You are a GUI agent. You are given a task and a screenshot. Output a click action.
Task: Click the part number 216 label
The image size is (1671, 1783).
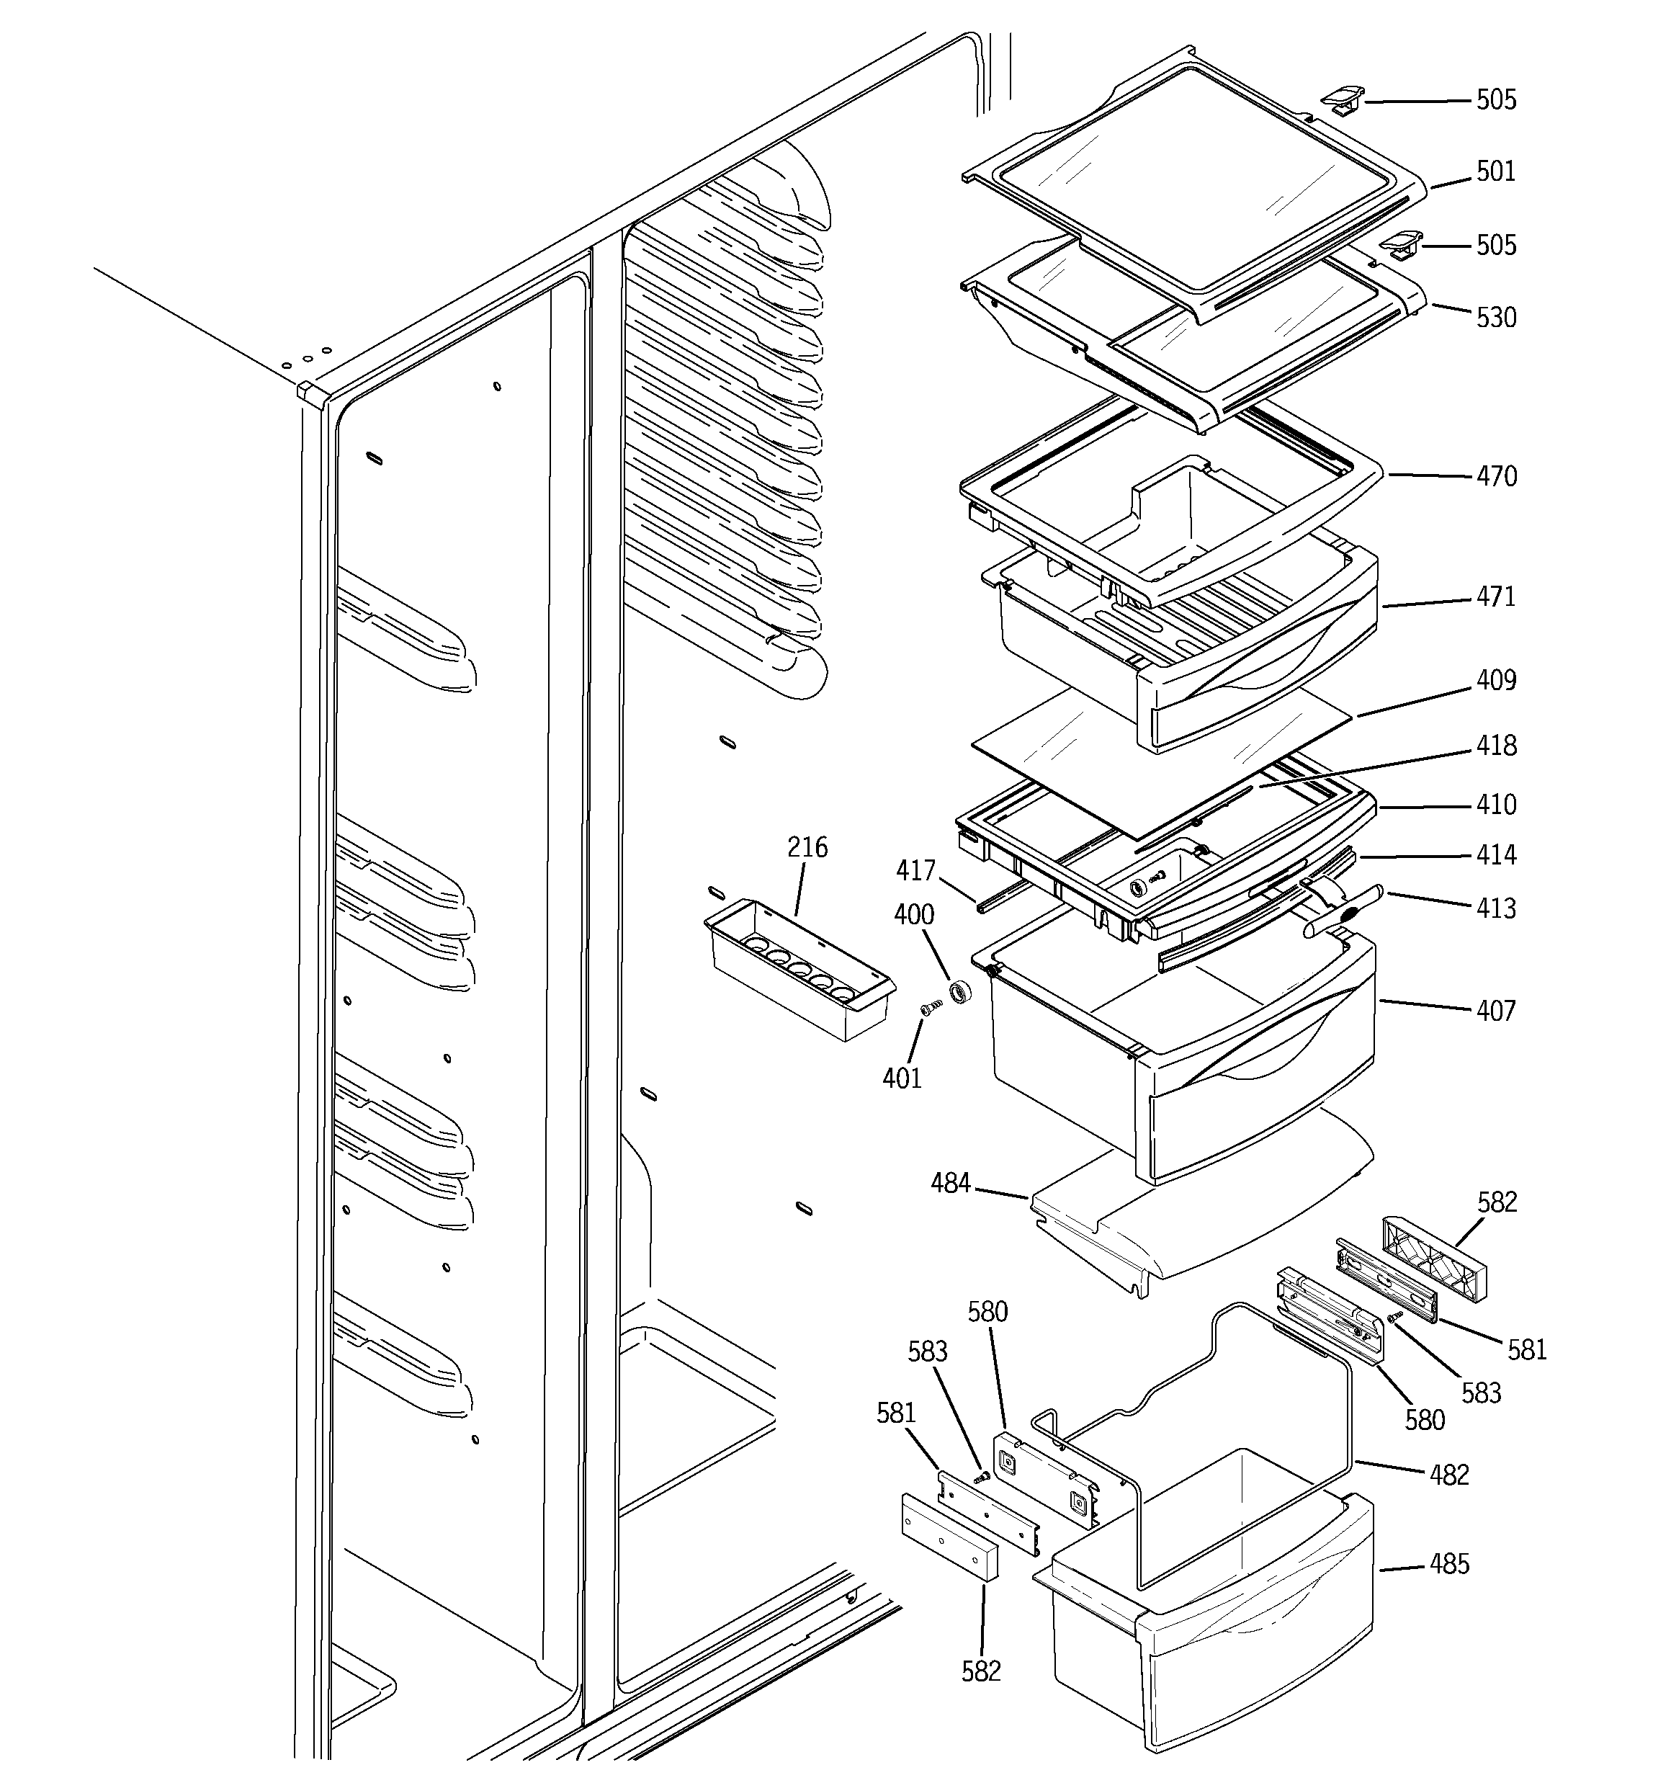(807, 847)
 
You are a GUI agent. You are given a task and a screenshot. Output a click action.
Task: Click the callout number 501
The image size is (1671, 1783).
(1495, 171)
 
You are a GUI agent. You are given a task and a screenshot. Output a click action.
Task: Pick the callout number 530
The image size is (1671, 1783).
(1496, 318)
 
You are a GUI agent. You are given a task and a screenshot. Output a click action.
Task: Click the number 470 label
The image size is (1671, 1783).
(1496, 476)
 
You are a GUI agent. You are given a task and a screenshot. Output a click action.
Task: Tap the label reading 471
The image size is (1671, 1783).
(1496, 597)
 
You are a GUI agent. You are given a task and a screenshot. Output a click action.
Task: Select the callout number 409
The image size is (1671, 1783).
(1496, 681)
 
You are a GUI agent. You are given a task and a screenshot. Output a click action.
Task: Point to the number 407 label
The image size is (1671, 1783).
(1496, 1011)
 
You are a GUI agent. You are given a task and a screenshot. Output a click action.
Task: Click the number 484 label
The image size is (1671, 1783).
(951, 1184)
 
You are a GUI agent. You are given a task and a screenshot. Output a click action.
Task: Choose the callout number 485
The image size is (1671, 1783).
(1449, 1564)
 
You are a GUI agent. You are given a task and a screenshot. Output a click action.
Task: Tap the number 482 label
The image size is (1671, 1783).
(1449, 1475)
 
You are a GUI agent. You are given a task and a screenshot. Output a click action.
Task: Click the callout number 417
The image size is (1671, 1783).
(915, 870)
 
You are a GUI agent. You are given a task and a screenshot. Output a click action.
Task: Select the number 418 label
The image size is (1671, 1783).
(1496, 746)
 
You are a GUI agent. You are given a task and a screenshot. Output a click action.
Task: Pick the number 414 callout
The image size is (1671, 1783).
(1496, 854)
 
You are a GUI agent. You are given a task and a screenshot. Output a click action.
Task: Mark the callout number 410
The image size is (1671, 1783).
(1496, 805)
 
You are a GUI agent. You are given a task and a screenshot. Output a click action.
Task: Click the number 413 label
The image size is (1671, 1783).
(1496, 908)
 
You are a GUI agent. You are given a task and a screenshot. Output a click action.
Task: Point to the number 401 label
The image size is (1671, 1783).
(902, 1078)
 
